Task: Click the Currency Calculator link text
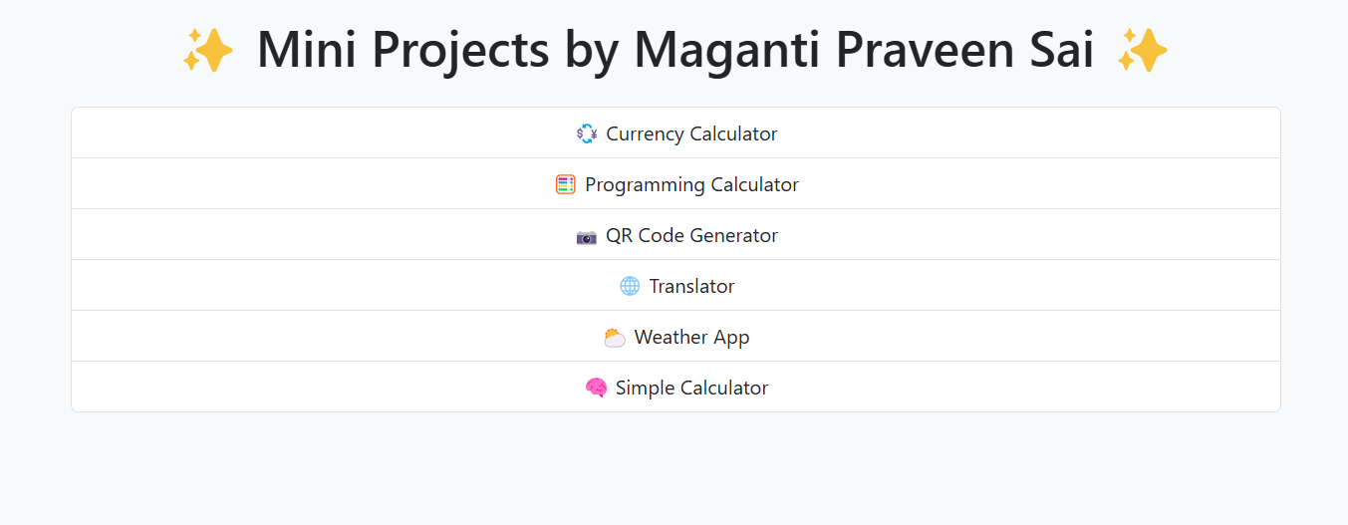(691, 133)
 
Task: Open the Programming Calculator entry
(691, 184)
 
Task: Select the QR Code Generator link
(691, 235)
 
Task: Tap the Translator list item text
(691, 286)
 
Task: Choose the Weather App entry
(691, 337)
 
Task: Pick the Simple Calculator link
(691, 388)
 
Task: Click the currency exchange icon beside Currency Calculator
(587, 133)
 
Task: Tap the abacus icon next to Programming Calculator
(566, 184)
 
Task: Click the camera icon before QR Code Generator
(587, 236)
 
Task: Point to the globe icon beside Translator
(630, 286)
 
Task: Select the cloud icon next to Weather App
(615, 338)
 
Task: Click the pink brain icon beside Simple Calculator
(596, 388)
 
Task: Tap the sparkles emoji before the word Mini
(207, 50)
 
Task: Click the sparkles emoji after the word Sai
(1142, 50)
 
